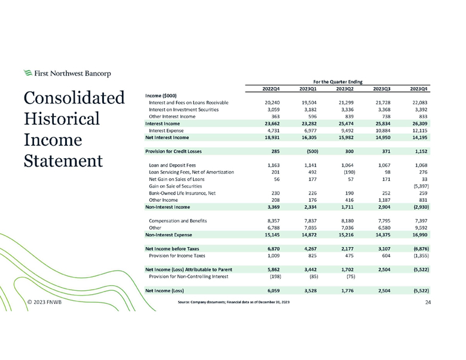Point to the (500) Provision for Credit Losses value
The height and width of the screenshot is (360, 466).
(308, 151)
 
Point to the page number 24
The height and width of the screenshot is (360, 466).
(428, 303)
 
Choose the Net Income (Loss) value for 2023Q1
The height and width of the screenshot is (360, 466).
(309, 290)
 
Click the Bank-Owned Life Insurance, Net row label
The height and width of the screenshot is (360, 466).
(183, 193)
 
